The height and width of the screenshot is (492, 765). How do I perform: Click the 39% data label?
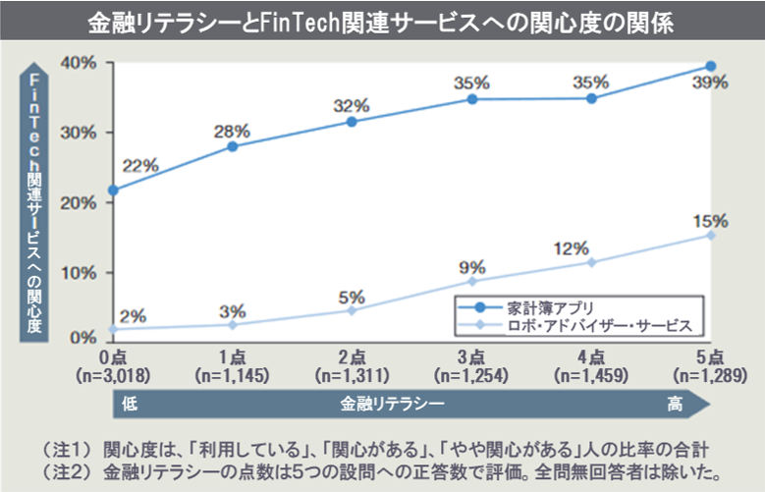tap(712, 83)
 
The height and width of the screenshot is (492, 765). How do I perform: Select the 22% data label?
tap(140, 166)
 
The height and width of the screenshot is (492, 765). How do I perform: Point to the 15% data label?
tap(712, 220)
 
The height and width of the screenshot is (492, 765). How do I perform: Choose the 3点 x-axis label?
tap(471, 356)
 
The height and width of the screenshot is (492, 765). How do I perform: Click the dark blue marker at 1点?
tap(232, 146)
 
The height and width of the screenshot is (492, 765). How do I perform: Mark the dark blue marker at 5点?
tap(710, 67)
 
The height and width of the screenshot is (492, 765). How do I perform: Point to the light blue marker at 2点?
tap(351, 310)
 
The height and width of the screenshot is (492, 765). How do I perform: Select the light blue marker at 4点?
tap(591, 262)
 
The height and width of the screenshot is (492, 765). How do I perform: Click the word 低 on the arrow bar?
tap(130, 403)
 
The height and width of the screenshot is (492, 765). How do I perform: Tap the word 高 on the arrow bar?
tap(675, 403)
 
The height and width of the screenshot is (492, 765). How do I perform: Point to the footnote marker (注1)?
tap(66, 447)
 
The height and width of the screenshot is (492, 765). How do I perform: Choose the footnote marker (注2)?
tap(66, 467)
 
